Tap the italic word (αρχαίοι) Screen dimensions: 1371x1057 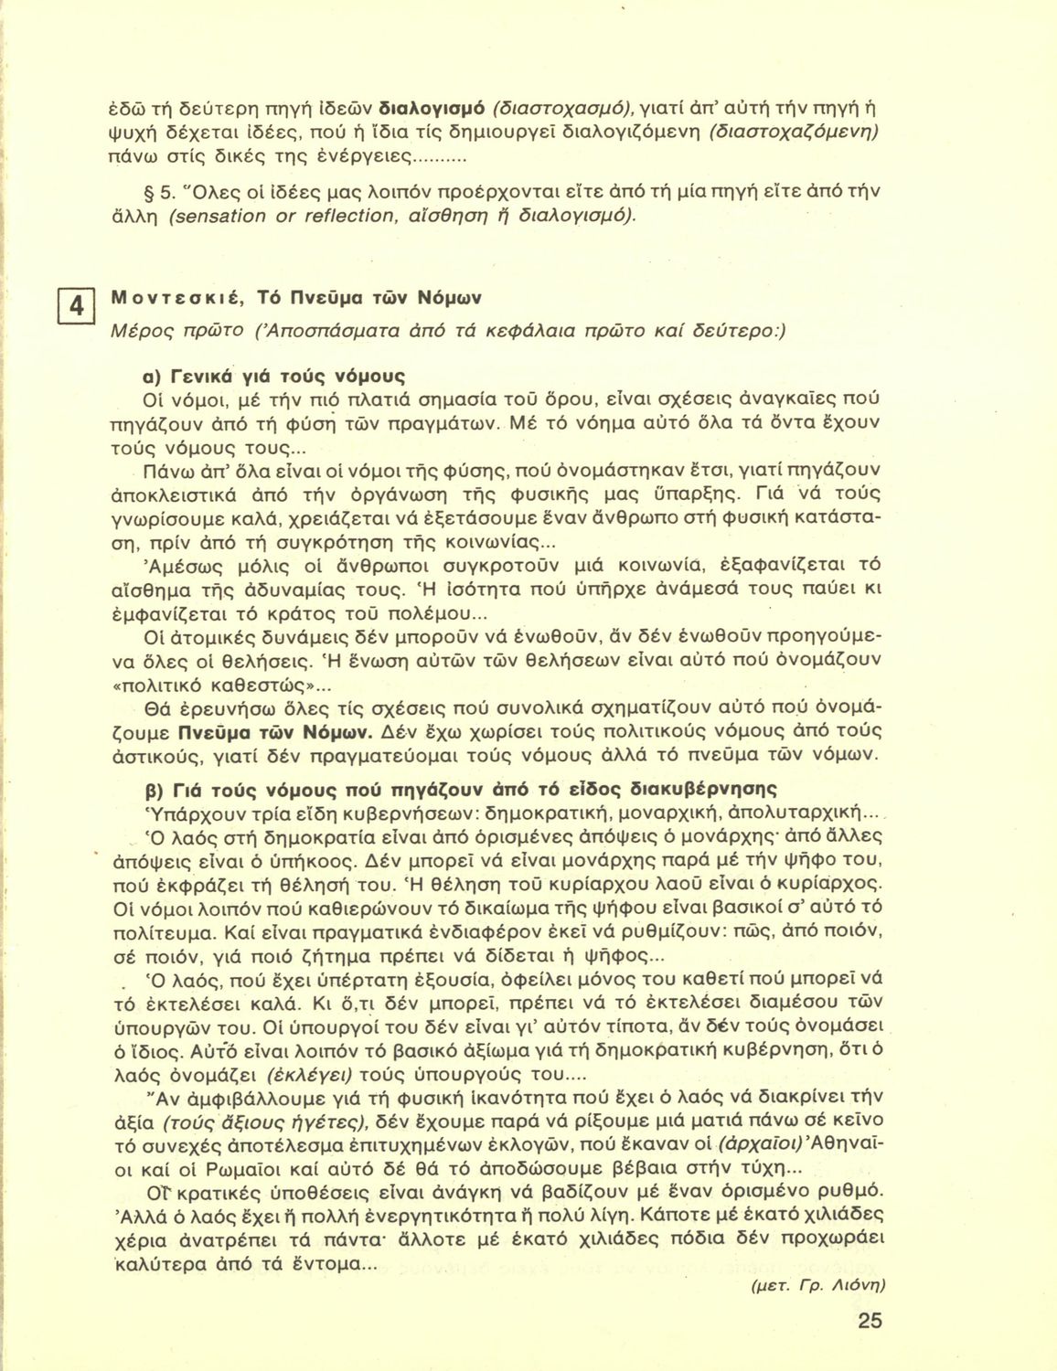point(762,1143)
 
